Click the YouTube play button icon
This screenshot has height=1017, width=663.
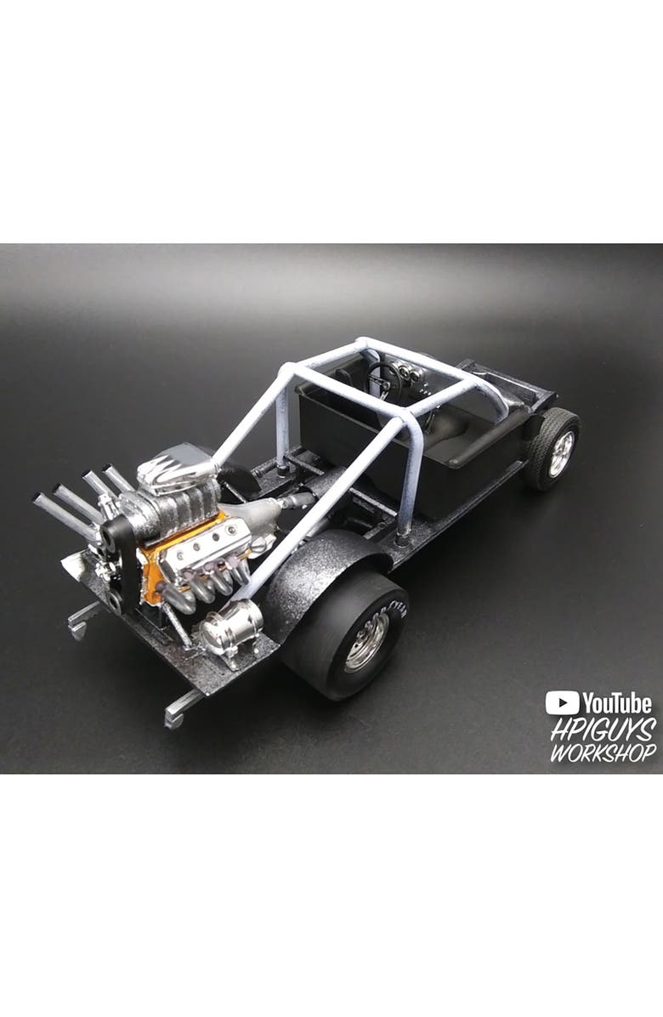(x=562, y=702)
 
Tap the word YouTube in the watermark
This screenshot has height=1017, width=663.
(x=617, y=703)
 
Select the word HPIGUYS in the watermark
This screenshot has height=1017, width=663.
(x=603, y=729)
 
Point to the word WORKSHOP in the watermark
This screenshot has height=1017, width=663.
(x=603, y=753)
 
